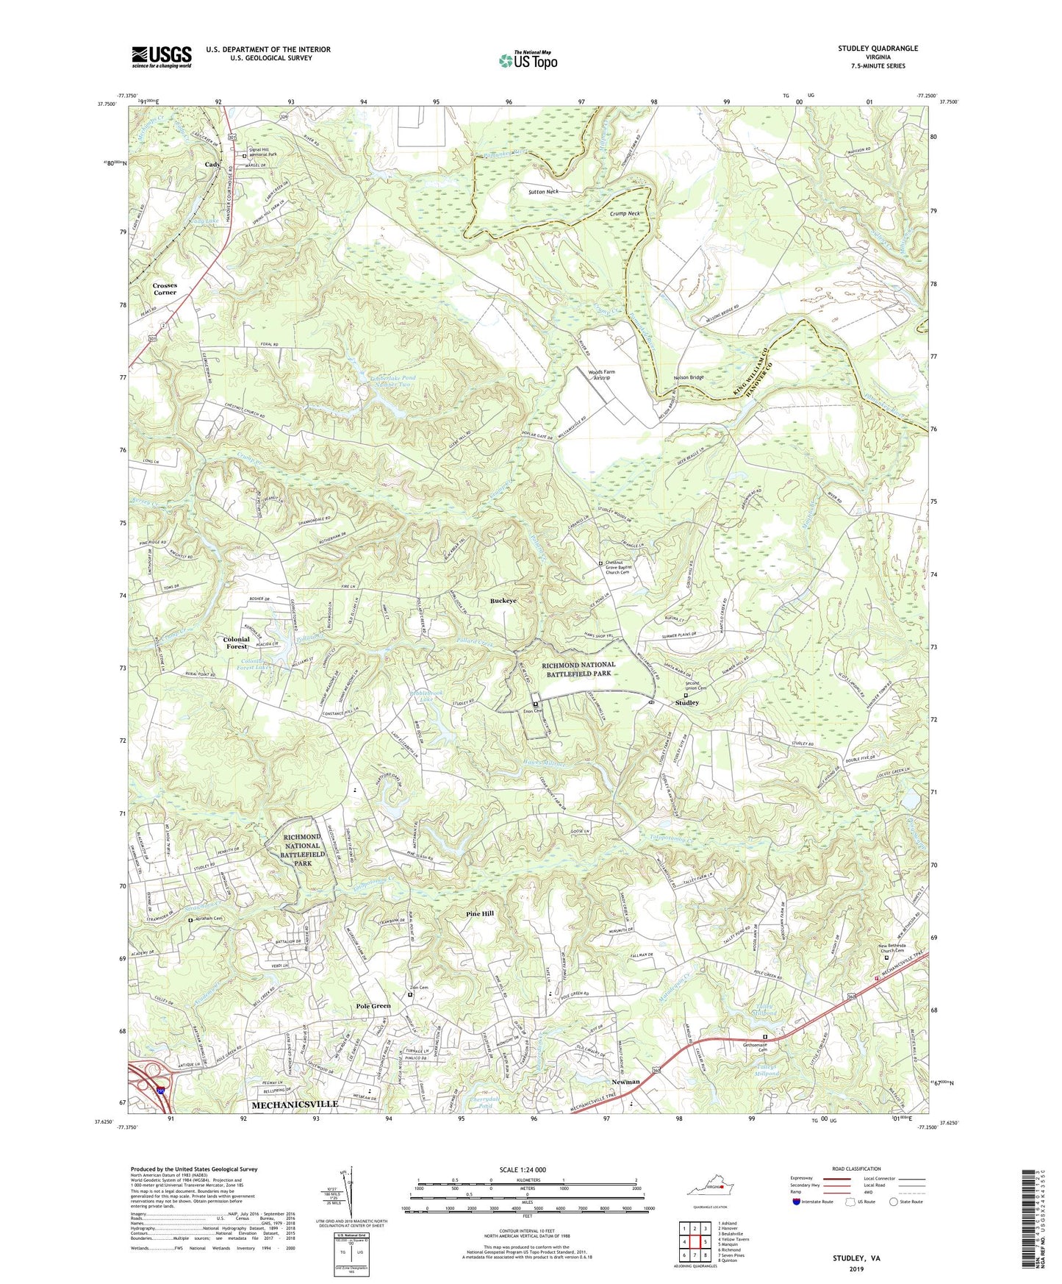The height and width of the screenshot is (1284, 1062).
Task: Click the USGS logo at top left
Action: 162,57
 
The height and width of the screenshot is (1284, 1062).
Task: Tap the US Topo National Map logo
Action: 528,60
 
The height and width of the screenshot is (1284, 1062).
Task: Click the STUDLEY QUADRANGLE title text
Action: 878,49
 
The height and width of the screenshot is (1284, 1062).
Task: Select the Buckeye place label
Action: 503,601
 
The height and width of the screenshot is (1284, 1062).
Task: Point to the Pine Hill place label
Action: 480,913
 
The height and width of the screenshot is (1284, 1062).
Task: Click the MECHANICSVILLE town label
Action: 295,1105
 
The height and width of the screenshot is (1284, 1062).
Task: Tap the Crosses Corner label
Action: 165,289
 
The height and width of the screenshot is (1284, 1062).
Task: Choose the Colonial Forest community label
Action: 236,643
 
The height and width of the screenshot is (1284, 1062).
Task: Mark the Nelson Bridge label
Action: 689,378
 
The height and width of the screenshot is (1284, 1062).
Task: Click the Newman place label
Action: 625,1082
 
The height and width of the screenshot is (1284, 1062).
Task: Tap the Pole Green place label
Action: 373,1006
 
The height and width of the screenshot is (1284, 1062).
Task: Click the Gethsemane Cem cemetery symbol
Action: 765,1038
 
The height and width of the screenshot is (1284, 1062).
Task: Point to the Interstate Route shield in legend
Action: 797,1202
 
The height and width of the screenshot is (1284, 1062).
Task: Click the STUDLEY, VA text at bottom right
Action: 855,1258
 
